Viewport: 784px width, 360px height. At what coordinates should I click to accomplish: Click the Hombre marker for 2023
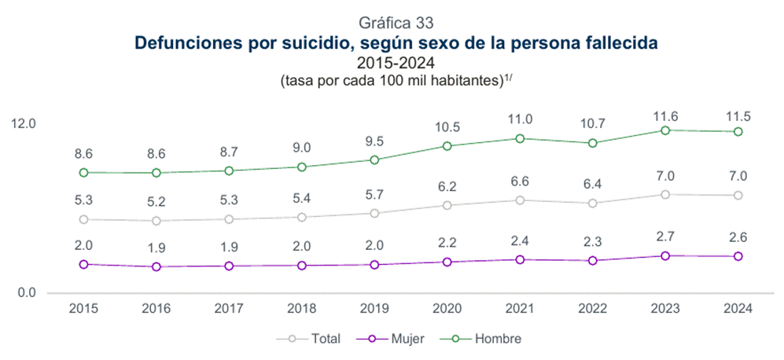pyautogui.click(x=666, y=130)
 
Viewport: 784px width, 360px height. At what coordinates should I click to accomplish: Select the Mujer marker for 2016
pyautogui.click(x=156, y=267)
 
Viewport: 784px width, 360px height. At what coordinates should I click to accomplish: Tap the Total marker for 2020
pyautogui.click(x=447, y=206)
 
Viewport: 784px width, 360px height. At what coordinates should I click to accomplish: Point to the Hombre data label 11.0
pyautogui.click(x=520, y=119)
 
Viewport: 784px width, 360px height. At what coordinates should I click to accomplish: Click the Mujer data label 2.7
pyautogui.click(x=666, y=237)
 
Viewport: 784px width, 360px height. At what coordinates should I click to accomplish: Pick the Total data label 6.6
pyautogui.click(x=520, y=182)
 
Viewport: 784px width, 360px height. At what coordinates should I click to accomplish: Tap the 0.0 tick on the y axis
pyautogui.click(x=27, y=293)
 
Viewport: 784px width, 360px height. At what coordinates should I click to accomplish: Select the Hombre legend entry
pyautogui.click(x=488, y=339)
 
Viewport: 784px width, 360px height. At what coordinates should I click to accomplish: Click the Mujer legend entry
pyautogui.click(x=397, y=339)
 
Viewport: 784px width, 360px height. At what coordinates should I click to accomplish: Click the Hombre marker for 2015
pyautogui.click(x=84, y=172)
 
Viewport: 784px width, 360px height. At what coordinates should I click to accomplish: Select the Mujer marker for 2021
pyautogui.click(x=520, y=259)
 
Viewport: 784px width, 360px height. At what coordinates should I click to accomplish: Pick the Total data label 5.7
pyautogui.click(x=374, y=194)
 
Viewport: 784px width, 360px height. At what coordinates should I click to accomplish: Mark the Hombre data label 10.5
pyautogui.click(x=447, y=127)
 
